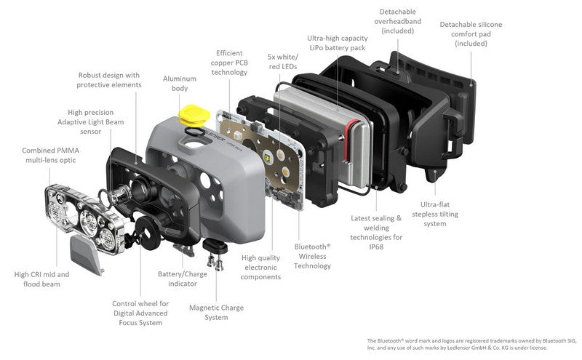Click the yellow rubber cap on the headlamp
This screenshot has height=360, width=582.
pyautogui.click(x=194, y=116)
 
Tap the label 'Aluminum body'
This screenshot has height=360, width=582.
pyautogui.click(x=180, y=84)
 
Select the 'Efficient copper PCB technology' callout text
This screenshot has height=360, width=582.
pyautogui.click(x=229, y=63)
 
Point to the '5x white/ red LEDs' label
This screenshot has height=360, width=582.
pyautogui.click(x=283, y=62)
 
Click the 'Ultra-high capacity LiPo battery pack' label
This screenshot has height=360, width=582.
pyautogui.click(x=338, y=43)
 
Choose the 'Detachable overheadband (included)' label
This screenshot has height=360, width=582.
pyautogui.click(x=397, y=22)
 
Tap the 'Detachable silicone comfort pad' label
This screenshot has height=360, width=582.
pyautogui.click(x=471, y=33)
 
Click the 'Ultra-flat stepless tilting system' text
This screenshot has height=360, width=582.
pyautogui.click(x=435, y=214)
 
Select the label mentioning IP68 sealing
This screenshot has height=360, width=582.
pyautogui.click(x=376, y=232)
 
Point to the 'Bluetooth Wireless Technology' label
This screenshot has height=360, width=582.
pyautogui.click(x=312, y=256)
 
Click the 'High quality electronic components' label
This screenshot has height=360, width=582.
pyautogui.click(x=260, y=267)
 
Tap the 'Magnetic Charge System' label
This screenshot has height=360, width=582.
pyautogui.click(x=216, y=313)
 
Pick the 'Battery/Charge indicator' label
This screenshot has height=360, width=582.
pyautogui.click(x=183, y=279)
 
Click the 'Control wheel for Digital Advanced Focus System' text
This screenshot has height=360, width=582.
pyautogui.click(x=140, y=313)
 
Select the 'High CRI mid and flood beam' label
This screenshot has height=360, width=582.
pyautogui.click(x=41, y=279)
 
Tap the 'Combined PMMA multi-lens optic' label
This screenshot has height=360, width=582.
pyautogui.click(x=50, y=155)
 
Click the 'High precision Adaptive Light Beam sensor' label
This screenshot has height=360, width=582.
pyautogui.click(x=90, y=121)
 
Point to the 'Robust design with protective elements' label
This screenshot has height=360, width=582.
pyautogui.click(x=108, y=80)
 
